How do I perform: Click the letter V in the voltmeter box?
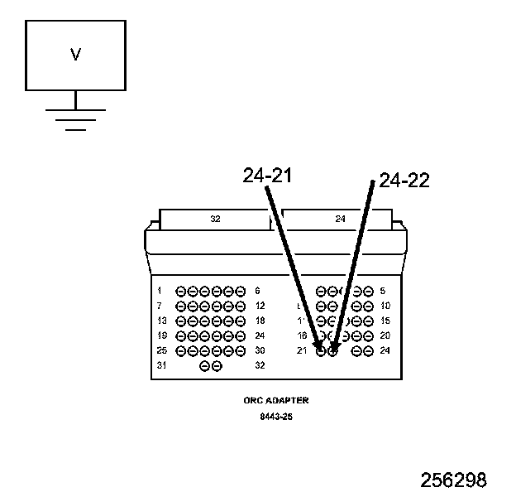point(75,55)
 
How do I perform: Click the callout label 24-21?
point(268,176)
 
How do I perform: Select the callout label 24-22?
point(404,181)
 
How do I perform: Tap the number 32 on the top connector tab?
point(215,220)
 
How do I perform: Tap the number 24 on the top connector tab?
point(340,220)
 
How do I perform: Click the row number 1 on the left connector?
point(159,291)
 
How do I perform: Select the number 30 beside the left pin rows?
point(260,350)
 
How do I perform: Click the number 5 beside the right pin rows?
point(382,291)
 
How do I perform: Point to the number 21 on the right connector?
point(302,350)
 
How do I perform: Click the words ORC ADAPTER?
point(276,400)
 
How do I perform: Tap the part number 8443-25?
point(276,417)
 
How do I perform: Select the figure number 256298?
point(453,480)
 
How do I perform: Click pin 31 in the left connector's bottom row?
point(204,365)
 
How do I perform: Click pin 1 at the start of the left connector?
point(181,292)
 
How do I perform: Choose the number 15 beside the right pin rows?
point(385,321)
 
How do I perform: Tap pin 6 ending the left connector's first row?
point(241,292)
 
